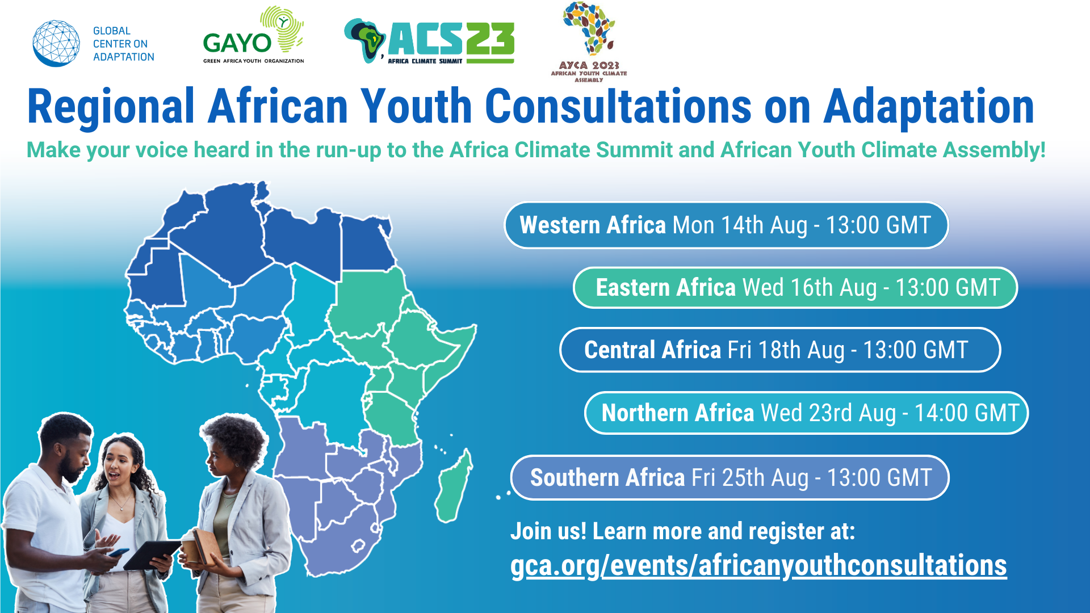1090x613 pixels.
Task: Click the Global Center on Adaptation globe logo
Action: [56, 44]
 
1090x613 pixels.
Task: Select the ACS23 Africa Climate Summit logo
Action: [429, 41]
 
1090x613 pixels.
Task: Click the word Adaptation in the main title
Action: [929, 107]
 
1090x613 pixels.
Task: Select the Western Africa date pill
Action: [726, 225]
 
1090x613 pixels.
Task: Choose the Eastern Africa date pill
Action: [795, 288]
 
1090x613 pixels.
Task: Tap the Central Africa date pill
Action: [780, 350]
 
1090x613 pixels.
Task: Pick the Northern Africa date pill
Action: [807, 413]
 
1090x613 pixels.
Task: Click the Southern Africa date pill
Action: [730, 478]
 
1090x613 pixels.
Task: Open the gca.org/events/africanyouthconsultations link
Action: [758, 566]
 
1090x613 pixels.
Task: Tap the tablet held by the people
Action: [152, 554]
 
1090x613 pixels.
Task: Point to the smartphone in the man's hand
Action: [119, 552]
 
